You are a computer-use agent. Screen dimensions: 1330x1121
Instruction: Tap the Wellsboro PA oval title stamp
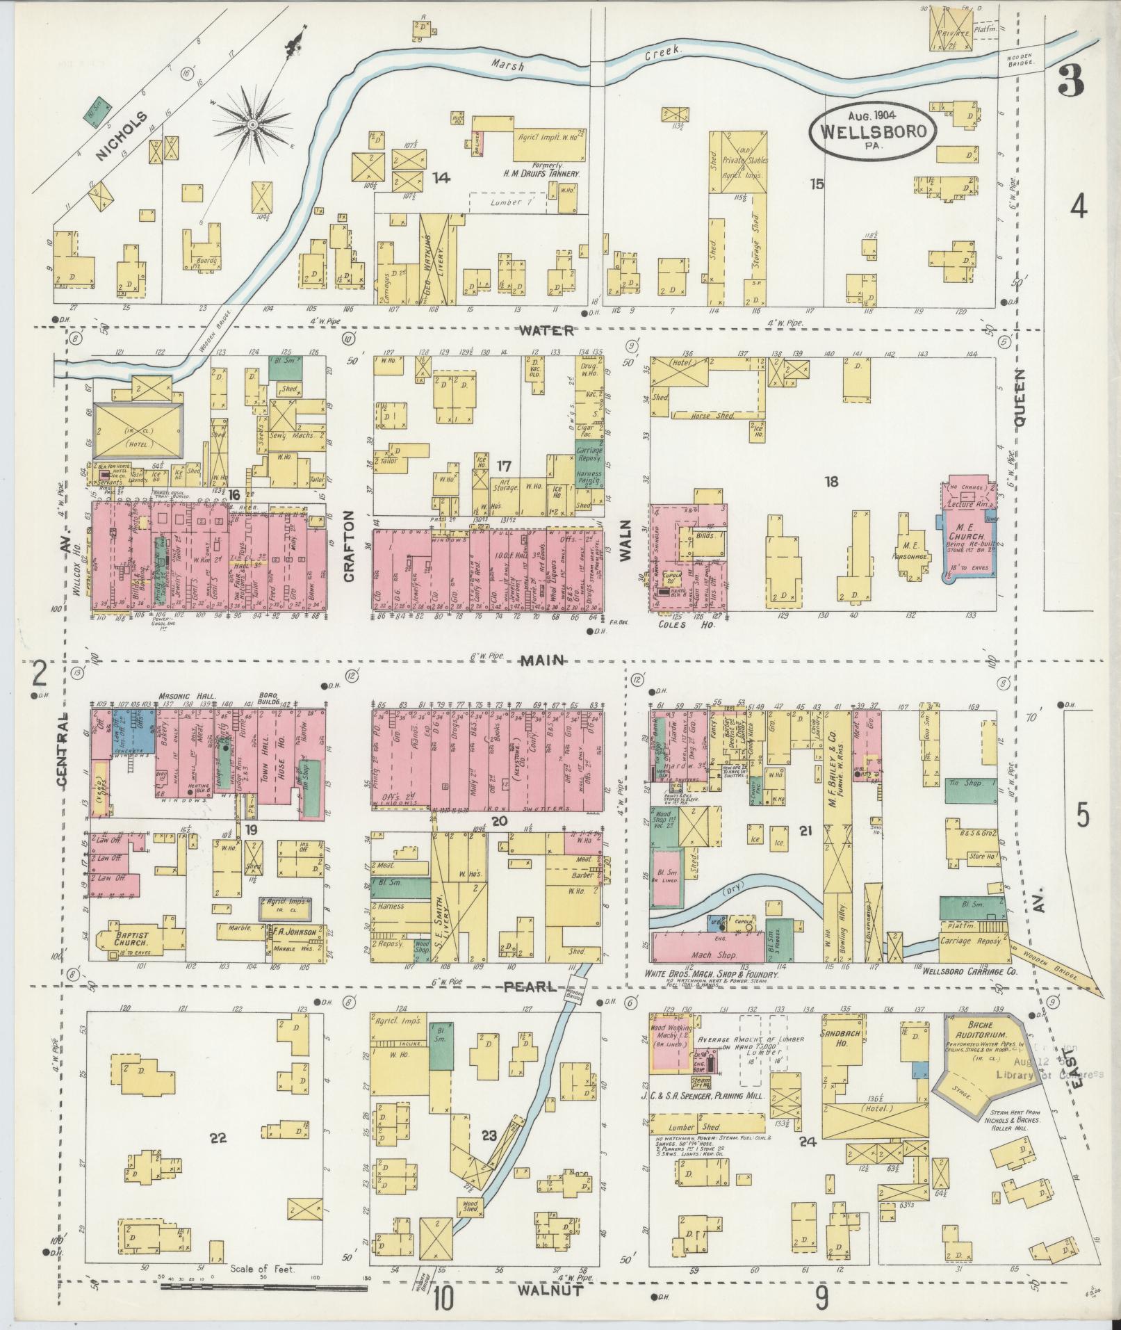tap(872, 130)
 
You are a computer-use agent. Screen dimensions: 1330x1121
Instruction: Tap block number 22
tap(218, 1137)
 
